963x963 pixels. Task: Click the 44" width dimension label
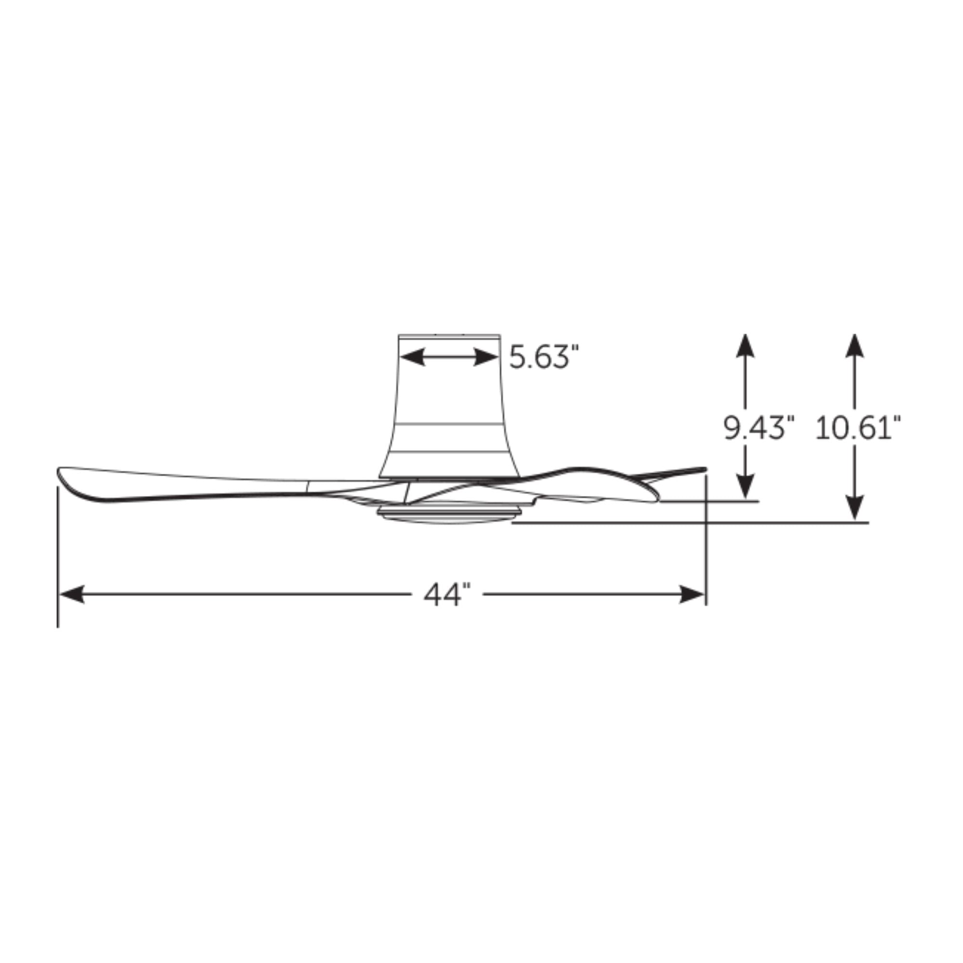[447, 594]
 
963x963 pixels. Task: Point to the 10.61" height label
[858, 428]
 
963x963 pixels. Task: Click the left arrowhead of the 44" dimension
[71, 594]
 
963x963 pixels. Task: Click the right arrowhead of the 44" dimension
[692, 594]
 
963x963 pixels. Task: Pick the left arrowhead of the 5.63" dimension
[412, 357]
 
